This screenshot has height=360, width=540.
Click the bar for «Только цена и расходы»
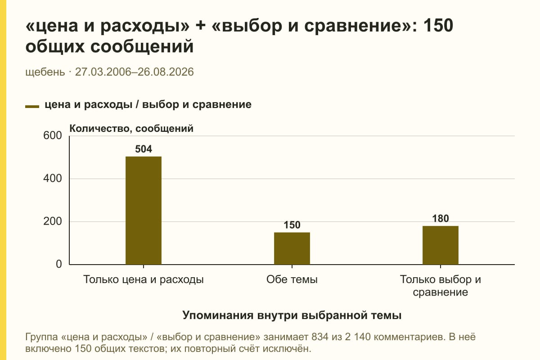point(144,211)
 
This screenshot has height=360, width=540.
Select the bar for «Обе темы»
point(292,248)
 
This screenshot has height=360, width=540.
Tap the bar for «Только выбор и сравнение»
point(441,245)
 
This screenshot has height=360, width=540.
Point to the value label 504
point(144,149)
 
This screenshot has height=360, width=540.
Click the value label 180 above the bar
point(441,218)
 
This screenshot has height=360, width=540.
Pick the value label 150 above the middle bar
point(292,225)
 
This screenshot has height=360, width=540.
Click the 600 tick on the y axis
point(53,135)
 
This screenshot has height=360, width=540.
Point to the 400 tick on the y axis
point(53,179)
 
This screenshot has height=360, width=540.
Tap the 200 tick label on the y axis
point(53,221)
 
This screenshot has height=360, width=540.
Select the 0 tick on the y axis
point(59,264)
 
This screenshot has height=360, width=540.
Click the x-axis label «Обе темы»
point(292,279)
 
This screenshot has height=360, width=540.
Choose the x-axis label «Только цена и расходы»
point(144,279)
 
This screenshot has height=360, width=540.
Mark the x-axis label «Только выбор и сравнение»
point(441,286)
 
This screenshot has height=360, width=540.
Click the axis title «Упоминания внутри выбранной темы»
point(292,315)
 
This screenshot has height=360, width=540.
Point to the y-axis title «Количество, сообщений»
point(131,129)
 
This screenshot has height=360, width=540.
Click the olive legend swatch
point(32,107)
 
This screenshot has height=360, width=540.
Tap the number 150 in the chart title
point(438,26)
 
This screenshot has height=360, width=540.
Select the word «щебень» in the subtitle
point(45,72)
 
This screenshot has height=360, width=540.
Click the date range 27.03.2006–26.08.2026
point(134,72)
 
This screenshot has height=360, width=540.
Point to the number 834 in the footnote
point(320,337)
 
